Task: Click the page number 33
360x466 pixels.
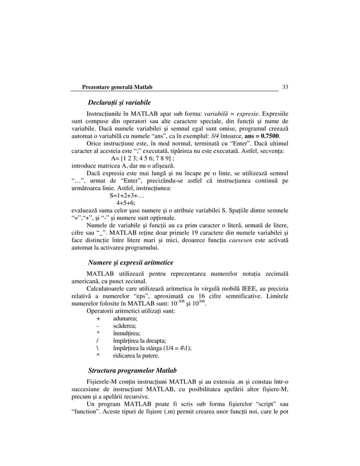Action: pyautogui.click(x=285, y=87)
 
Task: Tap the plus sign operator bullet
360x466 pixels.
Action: pyautogui.click(x=98, y=319)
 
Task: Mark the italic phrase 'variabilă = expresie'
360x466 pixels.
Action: pyautogui.click(x=219, y=113)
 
